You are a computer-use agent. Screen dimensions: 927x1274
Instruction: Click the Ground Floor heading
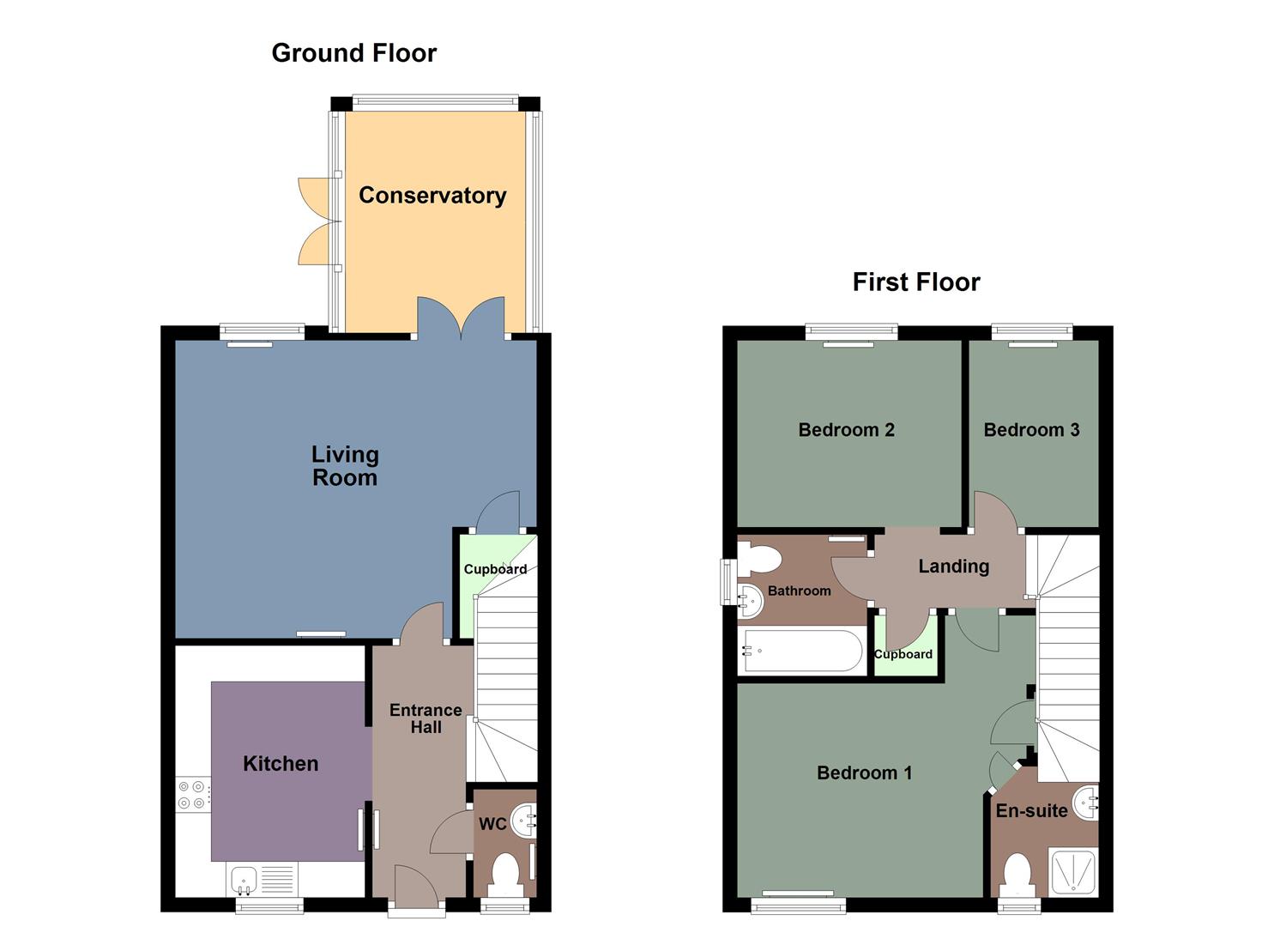pos(353,53)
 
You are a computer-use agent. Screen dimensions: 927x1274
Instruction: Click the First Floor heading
pos(915,282)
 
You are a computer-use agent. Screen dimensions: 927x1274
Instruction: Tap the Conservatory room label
pos(432,196)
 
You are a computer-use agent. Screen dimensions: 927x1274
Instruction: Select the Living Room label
pos(345,466)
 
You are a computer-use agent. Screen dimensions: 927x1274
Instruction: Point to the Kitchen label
pos(281,764)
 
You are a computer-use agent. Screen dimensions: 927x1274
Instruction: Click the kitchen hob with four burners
pos(191,794)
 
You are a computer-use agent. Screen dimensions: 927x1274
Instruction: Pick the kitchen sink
pos(245,879)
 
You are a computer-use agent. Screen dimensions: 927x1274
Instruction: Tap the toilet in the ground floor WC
pos(504,874)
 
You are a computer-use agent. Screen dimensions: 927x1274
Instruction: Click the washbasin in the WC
pos(524,821)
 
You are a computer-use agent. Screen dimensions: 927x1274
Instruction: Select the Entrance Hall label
pos(426,718)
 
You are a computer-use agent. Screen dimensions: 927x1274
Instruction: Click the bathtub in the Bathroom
pos(801,651)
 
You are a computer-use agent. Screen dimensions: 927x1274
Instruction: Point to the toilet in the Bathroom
pos(758,559)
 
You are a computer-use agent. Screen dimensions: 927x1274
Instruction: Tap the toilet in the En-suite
pos(1017,874)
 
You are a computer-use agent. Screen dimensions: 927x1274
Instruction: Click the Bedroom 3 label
pos(1031,430)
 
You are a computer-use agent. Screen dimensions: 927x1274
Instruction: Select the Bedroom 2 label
pos(846,430)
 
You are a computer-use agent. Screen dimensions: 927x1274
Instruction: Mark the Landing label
pos(953,566)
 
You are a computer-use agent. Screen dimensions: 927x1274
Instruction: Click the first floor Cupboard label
pos(903,654)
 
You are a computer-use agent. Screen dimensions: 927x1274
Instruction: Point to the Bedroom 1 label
pos(864,773)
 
